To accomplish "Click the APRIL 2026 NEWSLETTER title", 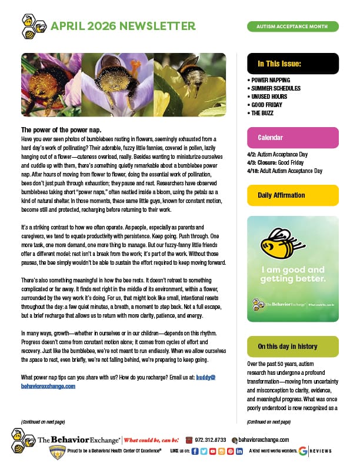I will point(123,26).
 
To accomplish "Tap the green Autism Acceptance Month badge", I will point(292,26).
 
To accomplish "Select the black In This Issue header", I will point(292,64).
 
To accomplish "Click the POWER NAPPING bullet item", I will point(270,79).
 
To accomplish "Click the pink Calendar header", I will point(292,138).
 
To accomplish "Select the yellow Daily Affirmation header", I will point(292,195).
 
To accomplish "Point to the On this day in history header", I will point(292,347).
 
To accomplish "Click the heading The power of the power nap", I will point(61,129).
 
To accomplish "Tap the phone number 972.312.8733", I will point(209,440).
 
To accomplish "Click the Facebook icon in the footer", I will point(195,451).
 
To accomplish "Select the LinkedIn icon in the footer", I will point(239,451).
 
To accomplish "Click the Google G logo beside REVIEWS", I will point(303,451).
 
